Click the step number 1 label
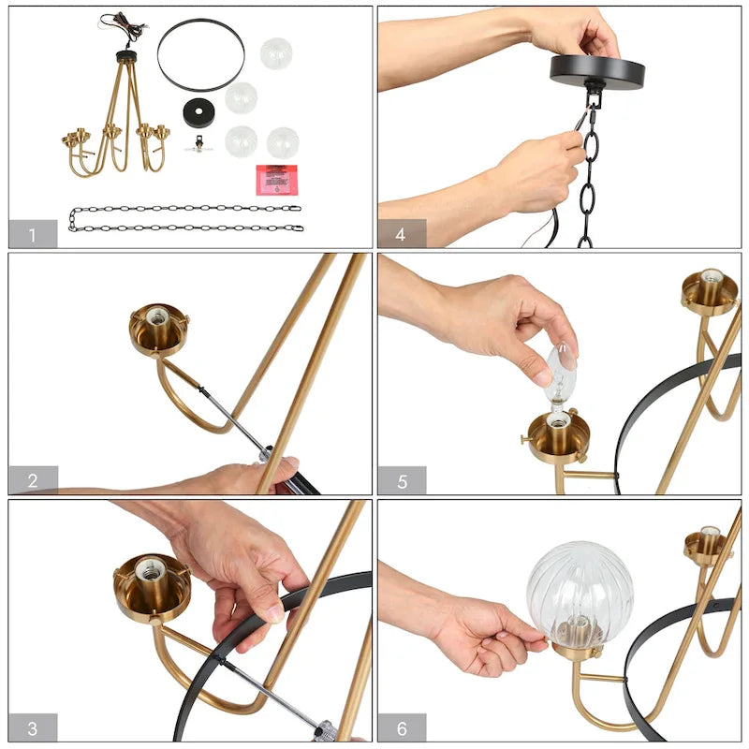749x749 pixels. pyautogui.click(x=33, y=234)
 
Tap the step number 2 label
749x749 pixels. pyautogui.click(x=33, y=480)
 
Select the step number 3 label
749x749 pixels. pyautogui.click(x=33, y=727)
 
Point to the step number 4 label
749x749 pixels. pyautogui.click(x=402, y=234)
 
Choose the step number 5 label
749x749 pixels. pyautogui.click(x=402, y=480)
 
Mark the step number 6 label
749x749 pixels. pyautogui.click(x=402, y=727)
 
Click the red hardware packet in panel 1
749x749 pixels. pyautogui.click(x=276, y=179)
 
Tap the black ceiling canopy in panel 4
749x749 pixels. pyautogui.click(x=597, y=70)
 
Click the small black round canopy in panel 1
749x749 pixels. pyautogui.click(x=198, y=111)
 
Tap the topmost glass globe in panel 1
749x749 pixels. pyautogui.click(x=276, y=53)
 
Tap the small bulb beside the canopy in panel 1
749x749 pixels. pyautogui.click(x=198, y=146)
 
